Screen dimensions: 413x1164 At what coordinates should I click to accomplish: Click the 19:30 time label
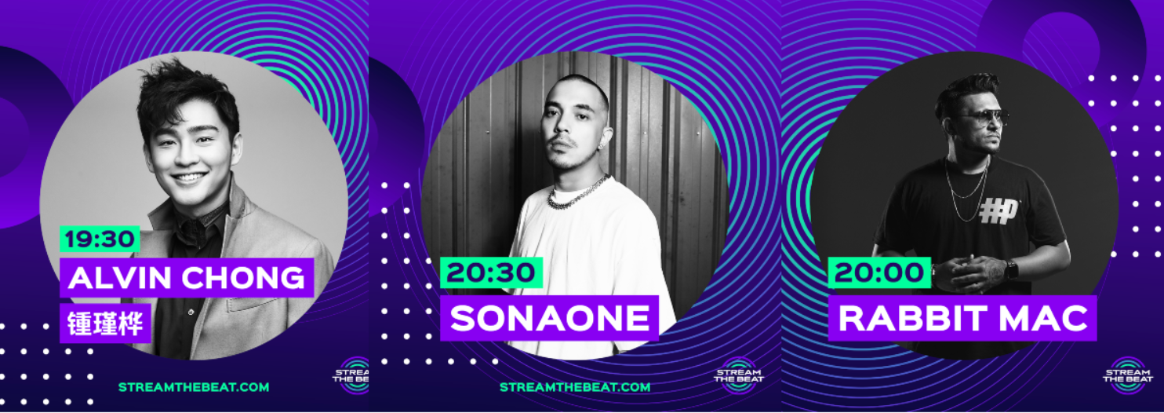pyautogui.click(x=100, y=239)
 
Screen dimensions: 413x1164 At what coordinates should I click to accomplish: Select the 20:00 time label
pyautogui.click(x=879, y=272)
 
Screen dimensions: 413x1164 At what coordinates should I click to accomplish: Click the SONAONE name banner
pyautogui.click(x=549, y=317)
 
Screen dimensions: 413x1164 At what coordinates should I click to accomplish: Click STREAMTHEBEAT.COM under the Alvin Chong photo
pyautogui.click(x=194, y=387)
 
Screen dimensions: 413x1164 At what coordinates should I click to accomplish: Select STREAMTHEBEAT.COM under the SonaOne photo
pyautogui.click(x=575, y=387)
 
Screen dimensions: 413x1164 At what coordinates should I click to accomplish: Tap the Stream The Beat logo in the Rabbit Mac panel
pyautogui.click(x=1126, y=374)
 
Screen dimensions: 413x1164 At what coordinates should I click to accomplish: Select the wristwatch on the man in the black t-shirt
pyautogui.click(x=1011, y=269)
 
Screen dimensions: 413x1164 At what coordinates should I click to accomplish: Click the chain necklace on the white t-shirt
pyautogui.click(x=579, y=193)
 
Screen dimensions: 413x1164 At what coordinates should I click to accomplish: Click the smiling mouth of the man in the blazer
pyautogui.click(x=189, y=177)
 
